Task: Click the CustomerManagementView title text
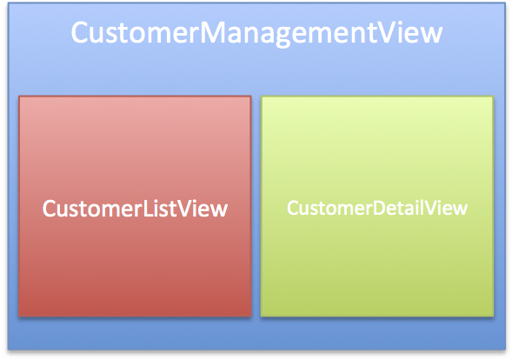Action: (x=256, y=33)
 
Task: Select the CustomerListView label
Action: (x=135, y=209)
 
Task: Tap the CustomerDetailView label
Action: (x=377, y=208)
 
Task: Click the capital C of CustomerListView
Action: (x=50, y=209)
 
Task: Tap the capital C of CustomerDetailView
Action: (x=294, y=208)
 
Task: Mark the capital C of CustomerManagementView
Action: (x=80, y=32)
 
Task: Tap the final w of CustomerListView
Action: (x=219, y=211)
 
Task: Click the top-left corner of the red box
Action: (x=19, y=96)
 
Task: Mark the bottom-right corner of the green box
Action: (x=493, y=316)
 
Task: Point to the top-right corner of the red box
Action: (x=251, y=96)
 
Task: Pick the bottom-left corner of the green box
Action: (x=261, y=316)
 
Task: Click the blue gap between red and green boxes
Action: (x=256, y=206)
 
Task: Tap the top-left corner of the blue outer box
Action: (x=8, y=3)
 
